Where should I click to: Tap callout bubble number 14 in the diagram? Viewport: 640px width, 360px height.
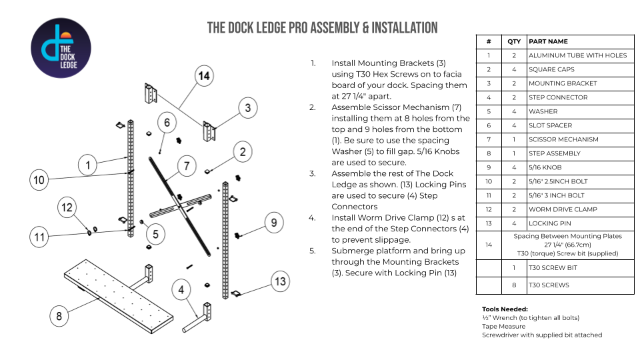pos(204,76)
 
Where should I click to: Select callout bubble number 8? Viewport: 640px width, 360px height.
pos(59,315)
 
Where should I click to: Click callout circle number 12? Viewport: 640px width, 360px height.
pos(67,207)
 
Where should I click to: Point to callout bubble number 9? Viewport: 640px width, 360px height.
pos(274,221)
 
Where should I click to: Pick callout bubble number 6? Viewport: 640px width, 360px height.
pos(167,123)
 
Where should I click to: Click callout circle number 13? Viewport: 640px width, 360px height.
pos(281,282)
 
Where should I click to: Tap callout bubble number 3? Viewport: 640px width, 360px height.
pos(247,107)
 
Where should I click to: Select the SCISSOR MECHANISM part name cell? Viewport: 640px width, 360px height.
pos(563,139)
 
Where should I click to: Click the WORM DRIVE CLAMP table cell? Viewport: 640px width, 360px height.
pos(563,209)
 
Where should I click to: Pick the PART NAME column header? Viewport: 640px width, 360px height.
pos(548,41)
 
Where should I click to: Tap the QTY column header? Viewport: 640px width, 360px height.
pos(513,41)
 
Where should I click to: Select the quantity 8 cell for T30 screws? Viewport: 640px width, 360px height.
pos(513,285)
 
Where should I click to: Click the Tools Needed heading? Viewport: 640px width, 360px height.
pos(505,309)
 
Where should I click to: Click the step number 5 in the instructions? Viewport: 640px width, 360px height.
pos(312,251)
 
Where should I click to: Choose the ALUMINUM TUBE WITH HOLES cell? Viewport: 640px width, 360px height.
pos(577,55)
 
